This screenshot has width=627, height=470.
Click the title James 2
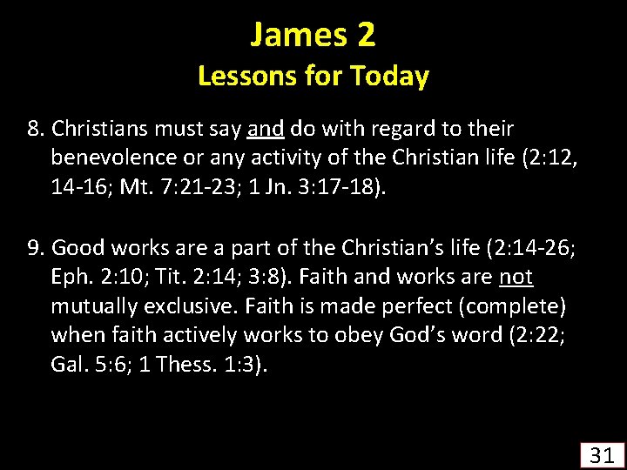pyautogui.click(x=313, y=35)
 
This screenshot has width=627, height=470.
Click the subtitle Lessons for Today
pyautogui.click(x=313, y=77)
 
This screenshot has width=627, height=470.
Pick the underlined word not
pyautogui.click(x=516, y=278)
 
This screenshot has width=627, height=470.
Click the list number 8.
pyautogui.click(x=36, y=130)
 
